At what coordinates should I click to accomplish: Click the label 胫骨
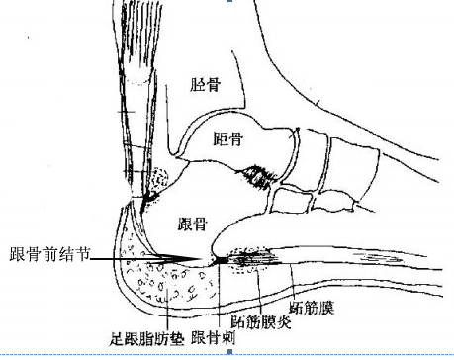tap(204, 86)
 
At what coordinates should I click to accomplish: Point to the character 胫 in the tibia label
tap(197, 86)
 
